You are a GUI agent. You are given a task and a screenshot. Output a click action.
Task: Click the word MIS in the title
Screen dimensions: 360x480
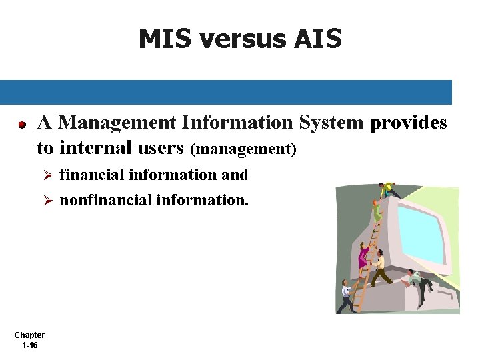(x=165, y=39)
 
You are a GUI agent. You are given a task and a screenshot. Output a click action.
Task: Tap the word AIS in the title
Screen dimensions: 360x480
(x=317, y=39)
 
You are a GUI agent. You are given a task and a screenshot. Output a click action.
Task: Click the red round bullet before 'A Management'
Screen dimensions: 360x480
(x=22, y=125)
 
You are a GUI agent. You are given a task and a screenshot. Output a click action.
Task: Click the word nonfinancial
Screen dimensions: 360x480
(x=105, y=199)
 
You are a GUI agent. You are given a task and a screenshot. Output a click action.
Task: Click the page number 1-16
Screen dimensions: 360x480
(x=29, y=345)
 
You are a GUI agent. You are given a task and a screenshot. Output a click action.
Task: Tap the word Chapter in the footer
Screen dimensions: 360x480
(x=29, y=335)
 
